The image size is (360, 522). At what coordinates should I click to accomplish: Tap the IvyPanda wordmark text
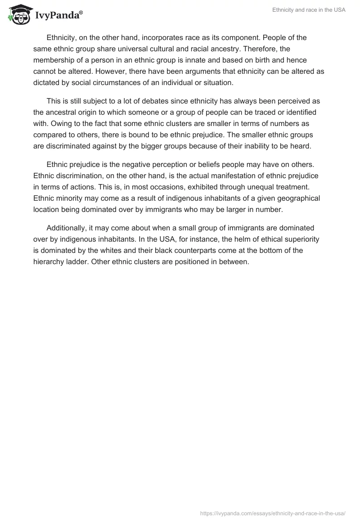(x=58, y=16)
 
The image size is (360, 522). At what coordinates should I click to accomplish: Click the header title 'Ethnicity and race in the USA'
(x=309, y=10)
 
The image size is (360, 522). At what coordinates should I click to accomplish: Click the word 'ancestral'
(x=61, y=112)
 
